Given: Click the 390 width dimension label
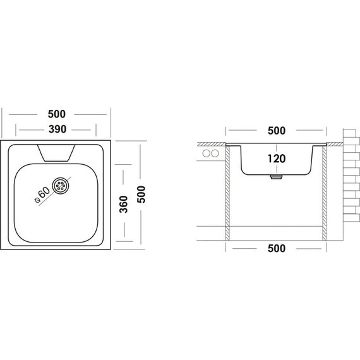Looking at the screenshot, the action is tap(57, 129).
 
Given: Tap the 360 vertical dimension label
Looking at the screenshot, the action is tap(124, 205).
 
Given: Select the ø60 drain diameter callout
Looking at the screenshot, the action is tap(42, 195).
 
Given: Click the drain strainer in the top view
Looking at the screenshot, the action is tap(61, 185).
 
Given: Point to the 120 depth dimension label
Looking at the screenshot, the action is tap(277, 159).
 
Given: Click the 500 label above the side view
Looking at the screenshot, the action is tap(277, 131).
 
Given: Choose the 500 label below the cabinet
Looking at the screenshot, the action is tap(277, 248).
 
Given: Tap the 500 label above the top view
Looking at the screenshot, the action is tap(56, 114).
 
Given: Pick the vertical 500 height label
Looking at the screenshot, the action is tap(141, 195).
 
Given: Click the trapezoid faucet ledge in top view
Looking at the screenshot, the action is tap(56, 153).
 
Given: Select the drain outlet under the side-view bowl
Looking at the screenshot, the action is tap(277, 177).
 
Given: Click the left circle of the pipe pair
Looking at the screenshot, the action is tap(206, 153).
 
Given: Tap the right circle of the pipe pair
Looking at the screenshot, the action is tap(215, 153).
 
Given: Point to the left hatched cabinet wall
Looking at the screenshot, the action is tap(227, 193).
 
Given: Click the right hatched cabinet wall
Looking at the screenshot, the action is tap(325, 193).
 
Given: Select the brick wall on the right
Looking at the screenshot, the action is tap(351, 176).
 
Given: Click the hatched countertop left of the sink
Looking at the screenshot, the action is tap(212, 144).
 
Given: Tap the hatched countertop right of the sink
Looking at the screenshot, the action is tap(335, 144).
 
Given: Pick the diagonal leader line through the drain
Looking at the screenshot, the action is tap(55, 191).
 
